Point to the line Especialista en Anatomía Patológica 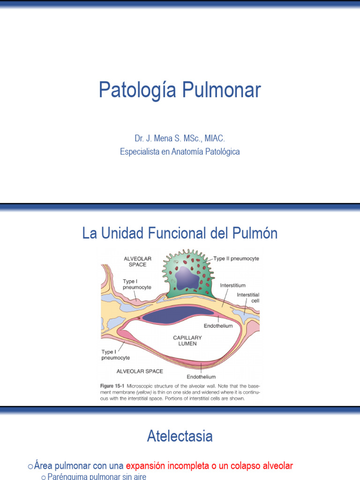point(180,152)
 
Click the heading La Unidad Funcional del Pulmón point(180,233)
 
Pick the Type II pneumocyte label point(236,258)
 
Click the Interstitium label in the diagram point(232,285)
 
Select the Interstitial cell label point(248,297)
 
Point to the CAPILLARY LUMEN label point(187,340)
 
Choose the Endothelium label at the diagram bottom point(201,376)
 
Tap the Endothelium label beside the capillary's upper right point(218,325)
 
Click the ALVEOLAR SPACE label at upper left point(135,261)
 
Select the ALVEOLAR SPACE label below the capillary point(140,371)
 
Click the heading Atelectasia point(180,436)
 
